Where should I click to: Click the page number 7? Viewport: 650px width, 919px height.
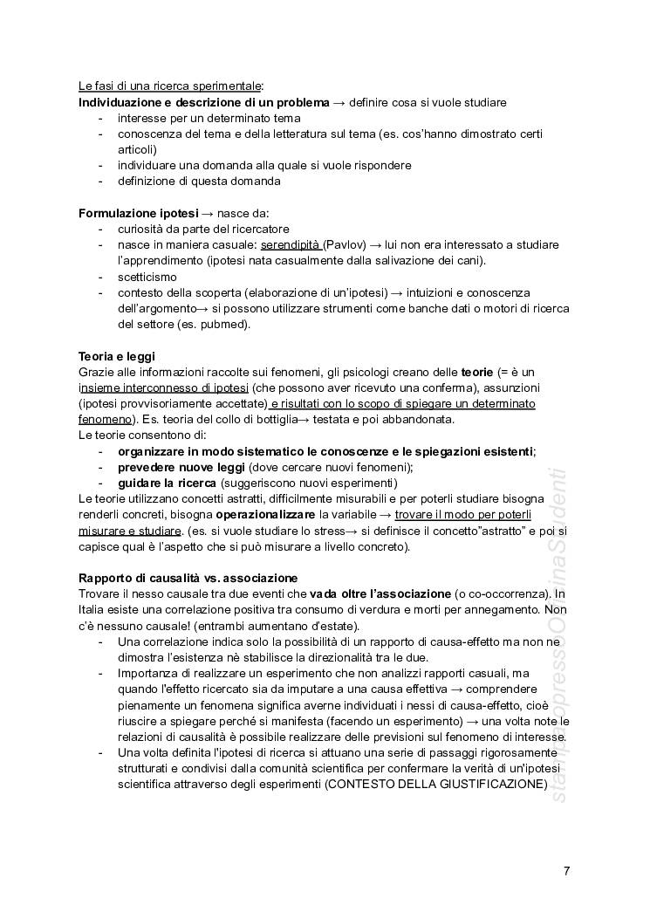click(x=567, y=870)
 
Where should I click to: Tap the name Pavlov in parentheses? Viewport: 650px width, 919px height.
click(x=339, y=245)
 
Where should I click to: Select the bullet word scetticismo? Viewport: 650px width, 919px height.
click(x=147, y=277)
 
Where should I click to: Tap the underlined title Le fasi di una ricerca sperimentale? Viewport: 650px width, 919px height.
click(x=170, y=86)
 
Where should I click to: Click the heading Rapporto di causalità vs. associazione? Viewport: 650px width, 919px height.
click(x=188, y=578)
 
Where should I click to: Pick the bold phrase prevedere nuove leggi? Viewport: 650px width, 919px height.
click(x=181, y=467)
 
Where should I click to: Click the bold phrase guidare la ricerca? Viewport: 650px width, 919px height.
click(x=167, y=483)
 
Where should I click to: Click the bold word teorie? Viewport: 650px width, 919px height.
click(x=476, y=372)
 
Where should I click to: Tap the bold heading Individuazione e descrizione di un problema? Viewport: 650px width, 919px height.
click(x=204, y=102)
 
